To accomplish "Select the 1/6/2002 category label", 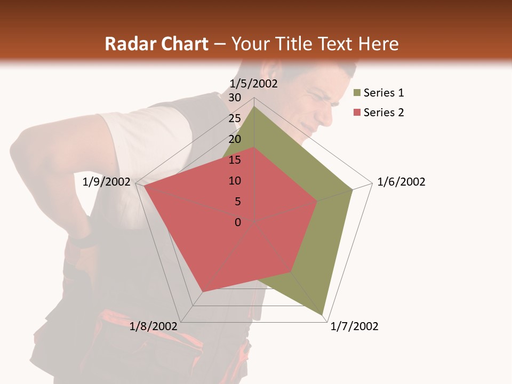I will pyautogui.click(x=401, y=182).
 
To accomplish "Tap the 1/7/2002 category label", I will pyautogui.click(x=354, y=326).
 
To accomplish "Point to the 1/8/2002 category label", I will pyautogui.click(x=154, y=326).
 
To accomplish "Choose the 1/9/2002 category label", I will pyautogui.click(x=107, y=182).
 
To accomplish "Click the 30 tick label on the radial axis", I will pyautogui.click(x=235, y=98).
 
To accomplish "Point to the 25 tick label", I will pyautogui.click(x=235, y=118).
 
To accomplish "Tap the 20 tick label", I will pyautogui.click(x=235, y=139).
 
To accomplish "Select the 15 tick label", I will pyautogui.click(x=235, y=160).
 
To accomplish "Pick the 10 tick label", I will pyautogui.click(x=235, y=181).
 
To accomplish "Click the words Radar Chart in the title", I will pyautogui.click(x=156, y=44).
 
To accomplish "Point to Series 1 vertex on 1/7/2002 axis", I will pyautogui.click(x=323, y=315).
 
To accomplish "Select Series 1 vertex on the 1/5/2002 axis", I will pyautogui.click(x=254, y=106).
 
